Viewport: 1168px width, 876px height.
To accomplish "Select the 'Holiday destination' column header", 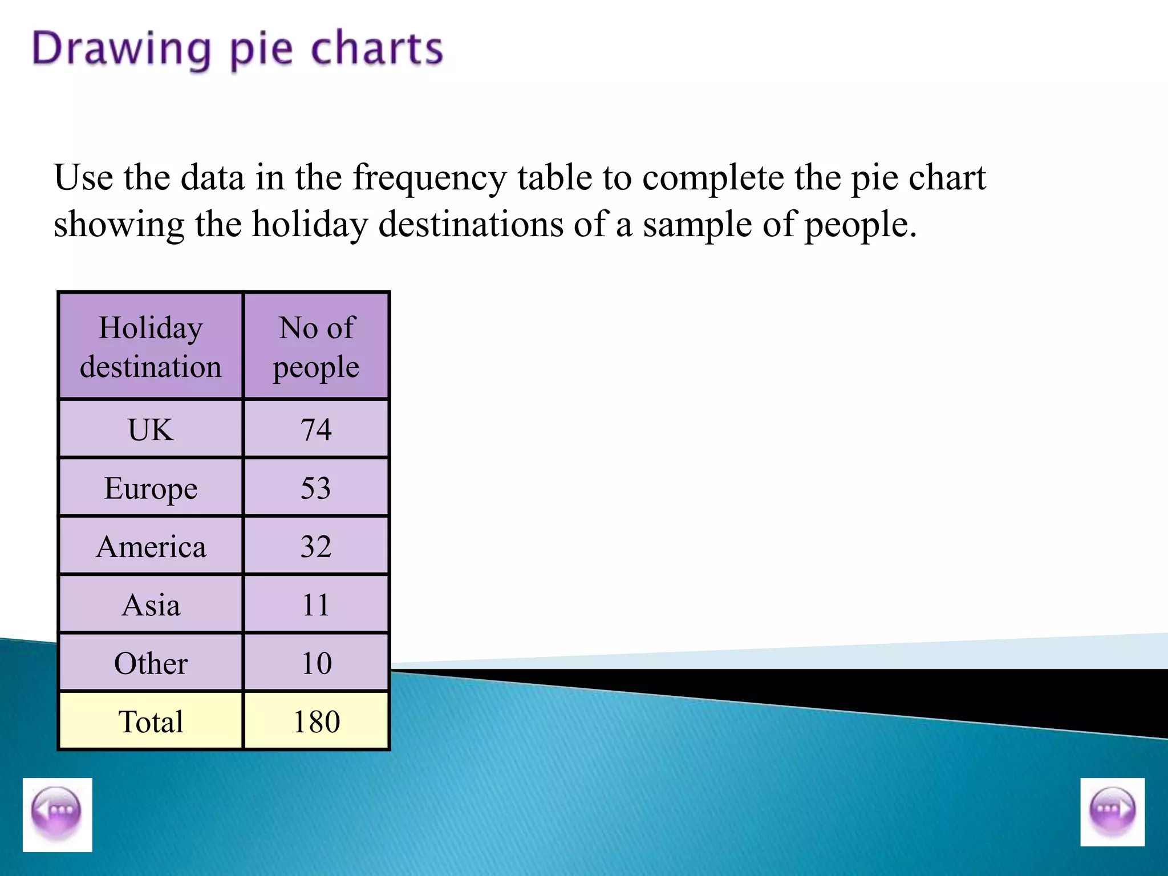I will tap(151, 347).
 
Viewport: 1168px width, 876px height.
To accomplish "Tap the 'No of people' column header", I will tap(317, 347).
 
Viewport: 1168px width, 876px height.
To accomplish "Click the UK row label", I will tap(151, 429).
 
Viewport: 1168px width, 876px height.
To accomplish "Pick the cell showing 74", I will tap(317, 429).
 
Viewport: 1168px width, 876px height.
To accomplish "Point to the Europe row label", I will tap(151, 488).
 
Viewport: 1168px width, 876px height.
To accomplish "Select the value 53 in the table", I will tap(317, 488).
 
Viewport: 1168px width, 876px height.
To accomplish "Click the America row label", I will tap(151, 546).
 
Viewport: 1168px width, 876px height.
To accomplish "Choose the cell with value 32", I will tap(317, 546).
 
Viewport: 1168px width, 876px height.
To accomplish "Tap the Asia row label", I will tap(151, 605).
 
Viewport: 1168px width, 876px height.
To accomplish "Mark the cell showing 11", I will tap(317, 605).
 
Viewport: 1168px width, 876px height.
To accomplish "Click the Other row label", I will tap(151, 663).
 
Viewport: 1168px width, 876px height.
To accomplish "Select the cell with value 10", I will tap(317, 663).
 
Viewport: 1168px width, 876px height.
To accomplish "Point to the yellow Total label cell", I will tap(151, 721).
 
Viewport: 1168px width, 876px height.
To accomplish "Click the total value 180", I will tap(317, 721).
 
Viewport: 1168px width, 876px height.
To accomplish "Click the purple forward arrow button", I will tap(1112, 812).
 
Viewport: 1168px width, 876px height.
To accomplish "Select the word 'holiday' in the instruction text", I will tap(310, 225).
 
